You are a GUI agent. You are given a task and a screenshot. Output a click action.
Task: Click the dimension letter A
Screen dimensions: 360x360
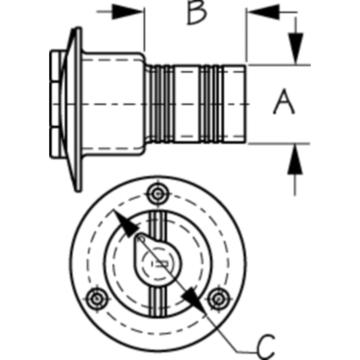click(x=284, y=102)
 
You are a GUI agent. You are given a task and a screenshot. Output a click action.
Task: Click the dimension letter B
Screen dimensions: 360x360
click(x=197, y=12)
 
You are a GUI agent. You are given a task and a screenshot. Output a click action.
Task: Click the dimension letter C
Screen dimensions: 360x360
click(x=266, y=347)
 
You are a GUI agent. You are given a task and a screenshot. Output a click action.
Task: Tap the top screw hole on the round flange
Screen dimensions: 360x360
click(x=158, y=194)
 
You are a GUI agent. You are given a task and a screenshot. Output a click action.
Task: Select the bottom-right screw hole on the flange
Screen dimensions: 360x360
click(x=219, y=299)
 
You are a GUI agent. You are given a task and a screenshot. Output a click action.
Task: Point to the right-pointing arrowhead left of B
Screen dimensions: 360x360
click(x=127, y=12)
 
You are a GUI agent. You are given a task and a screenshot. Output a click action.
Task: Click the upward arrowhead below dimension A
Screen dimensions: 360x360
click(x=295, y=159)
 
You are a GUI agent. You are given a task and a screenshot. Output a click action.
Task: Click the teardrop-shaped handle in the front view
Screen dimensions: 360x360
click(x=157, y=260)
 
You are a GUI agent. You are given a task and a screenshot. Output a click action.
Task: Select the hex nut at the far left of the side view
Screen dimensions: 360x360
click(x=58, y=104)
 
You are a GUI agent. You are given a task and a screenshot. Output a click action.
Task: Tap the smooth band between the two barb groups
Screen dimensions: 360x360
click(x=187, y=104)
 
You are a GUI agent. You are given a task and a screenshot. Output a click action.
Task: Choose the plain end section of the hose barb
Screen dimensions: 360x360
click(x=234, y=104)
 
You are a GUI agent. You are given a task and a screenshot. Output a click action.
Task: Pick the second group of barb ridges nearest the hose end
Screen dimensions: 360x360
click(x=211, y=104)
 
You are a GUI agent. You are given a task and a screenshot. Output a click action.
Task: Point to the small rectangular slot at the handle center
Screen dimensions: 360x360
click(x=162, y=264)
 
